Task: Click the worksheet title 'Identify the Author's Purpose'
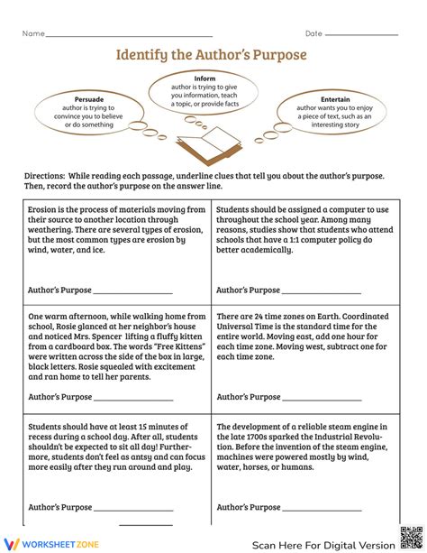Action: tap(211, 55)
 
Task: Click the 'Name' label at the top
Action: tap(33, 33)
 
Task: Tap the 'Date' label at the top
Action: tap(313, 33)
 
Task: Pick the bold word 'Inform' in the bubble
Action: tap(204, 78)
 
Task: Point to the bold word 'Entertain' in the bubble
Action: tap(335, 98)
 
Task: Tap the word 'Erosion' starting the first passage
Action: tap(43, 209)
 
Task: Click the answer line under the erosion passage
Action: tap(132, 292)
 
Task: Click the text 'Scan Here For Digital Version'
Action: tap(322, 544)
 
